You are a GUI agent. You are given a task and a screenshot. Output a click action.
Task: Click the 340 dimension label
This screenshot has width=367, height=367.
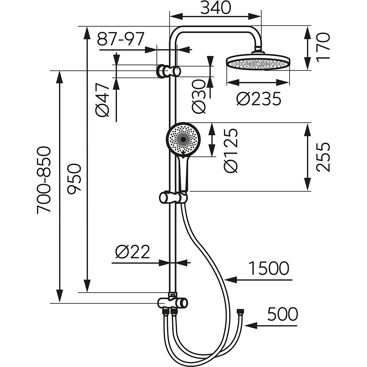[215, 8]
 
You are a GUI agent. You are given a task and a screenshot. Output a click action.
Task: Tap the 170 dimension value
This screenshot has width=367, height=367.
[323, 48]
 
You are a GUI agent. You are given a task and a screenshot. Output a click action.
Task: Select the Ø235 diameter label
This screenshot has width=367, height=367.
[259, 99]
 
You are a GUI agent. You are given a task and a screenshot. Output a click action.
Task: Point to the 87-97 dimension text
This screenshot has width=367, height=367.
[121, 39]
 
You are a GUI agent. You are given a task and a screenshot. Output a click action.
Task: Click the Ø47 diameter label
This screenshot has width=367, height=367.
[103, 100]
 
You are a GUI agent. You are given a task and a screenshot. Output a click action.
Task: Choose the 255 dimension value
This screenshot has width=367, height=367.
[323, 157]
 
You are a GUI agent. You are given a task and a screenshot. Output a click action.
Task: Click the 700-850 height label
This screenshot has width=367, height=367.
[44, 180]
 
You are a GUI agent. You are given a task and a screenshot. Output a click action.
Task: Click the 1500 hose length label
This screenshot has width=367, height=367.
[269, 269]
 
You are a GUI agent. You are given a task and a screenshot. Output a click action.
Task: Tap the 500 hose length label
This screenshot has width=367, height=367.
[282, 315]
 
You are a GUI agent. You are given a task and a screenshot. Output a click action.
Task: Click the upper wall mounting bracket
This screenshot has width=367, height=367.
[168, 71]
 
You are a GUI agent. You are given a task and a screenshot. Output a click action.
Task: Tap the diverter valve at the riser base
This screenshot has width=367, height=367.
[172, 302]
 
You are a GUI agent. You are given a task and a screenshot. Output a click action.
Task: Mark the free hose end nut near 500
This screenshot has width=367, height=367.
[240, 312]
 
